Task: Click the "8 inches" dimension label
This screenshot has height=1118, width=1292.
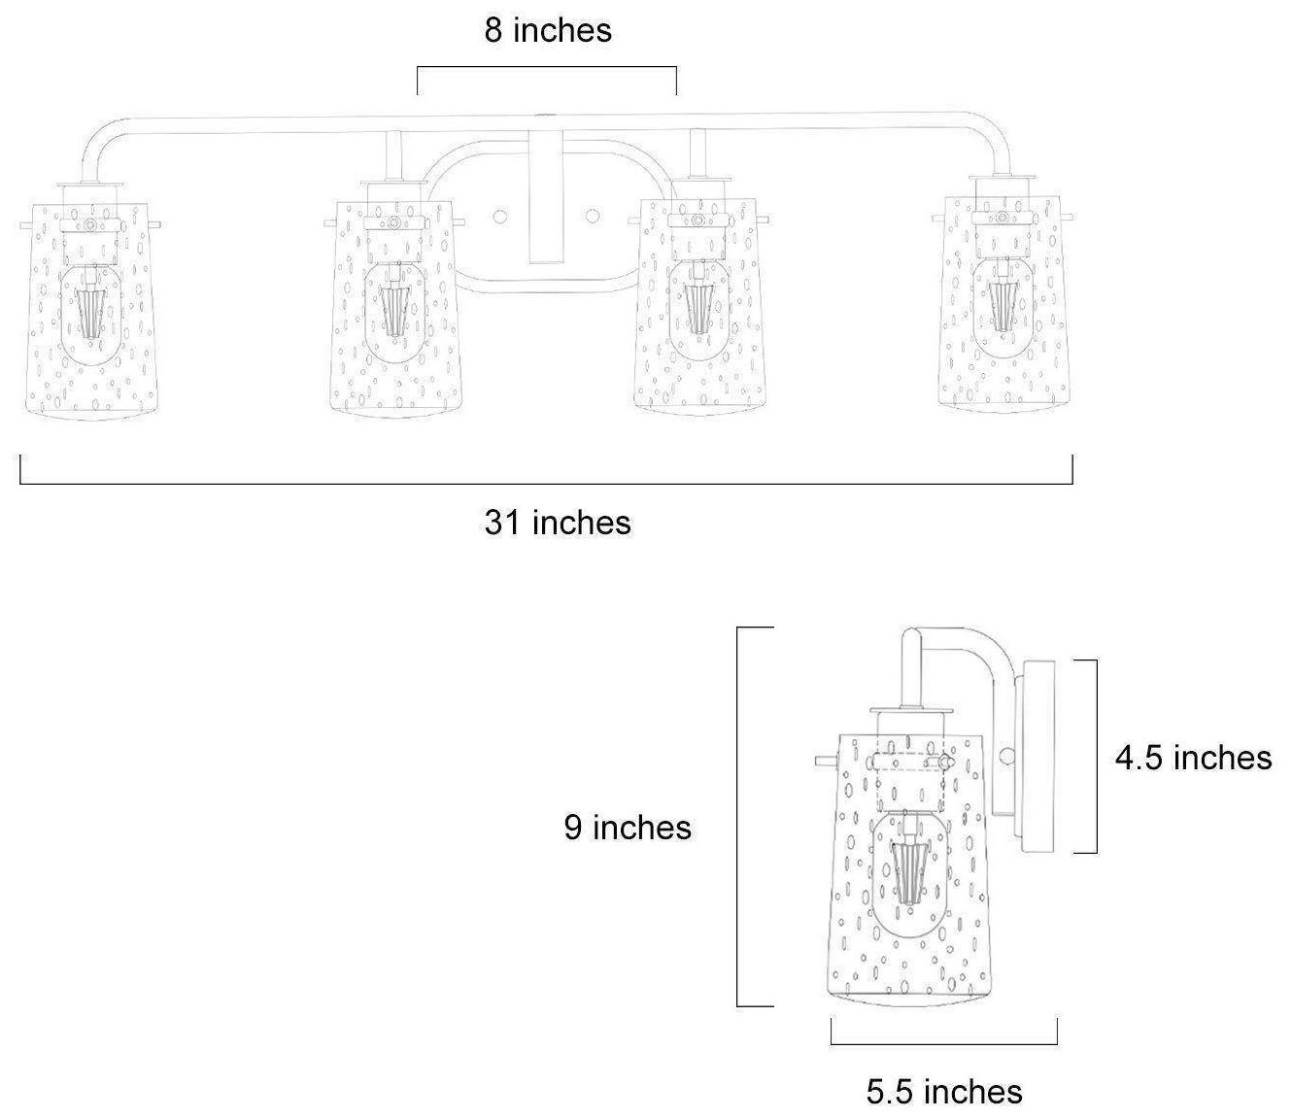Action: (x=548, y=31)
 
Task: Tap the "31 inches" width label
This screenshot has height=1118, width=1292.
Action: (x=558, y=523)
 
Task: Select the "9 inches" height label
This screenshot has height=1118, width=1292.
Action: (x=628, y=828)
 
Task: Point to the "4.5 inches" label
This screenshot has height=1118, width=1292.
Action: (x=1193, y=758)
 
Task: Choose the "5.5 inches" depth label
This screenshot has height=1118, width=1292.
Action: (x=944, y=1092)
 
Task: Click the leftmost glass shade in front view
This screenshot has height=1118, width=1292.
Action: (x=91, y=310)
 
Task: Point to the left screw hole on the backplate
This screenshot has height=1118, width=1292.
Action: (x=499, y=217)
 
